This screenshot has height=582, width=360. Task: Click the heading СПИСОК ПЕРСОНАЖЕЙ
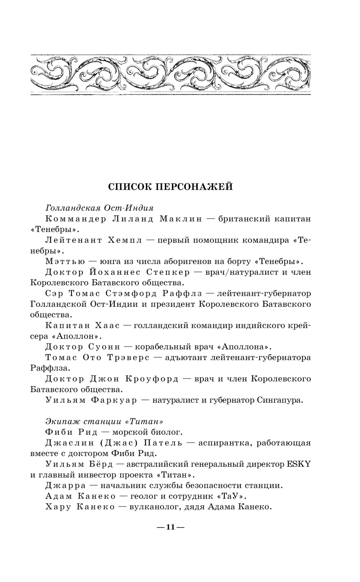pyautogui.click(x=171, y=187)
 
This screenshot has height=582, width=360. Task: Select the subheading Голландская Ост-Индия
pyautogui.click(x=99, y=208)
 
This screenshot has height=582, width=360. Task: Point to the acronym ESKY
pyautogui.click(x=298, y=464)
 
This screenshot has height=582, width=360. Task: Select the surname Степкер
pyautogui.click(x=168, y=272)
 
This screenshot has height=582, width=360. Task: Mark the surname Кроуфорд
pyautogui.click(x=152, y=379)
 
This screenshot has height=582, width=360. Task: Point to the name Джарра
pyautogui.click(x=60, y=485)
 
